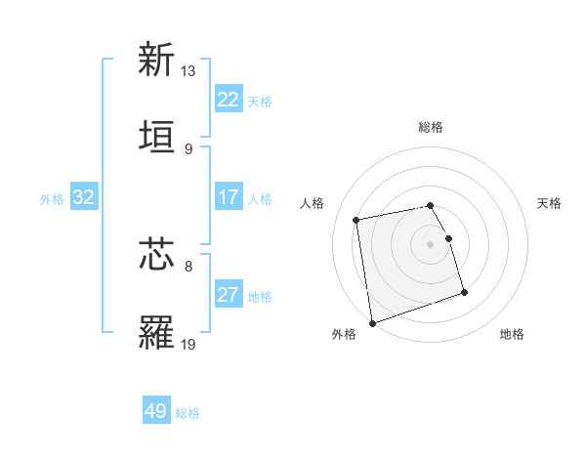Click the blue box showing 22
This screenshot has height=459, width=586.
[228, 100]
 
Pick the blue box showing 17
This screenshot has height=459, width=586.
[228, 197]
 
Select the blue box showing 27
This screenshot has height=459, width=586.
[228, 295]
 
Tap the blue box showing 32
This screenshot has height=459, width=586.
[84, 197]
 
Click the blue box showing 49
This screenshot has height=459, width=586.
[156, 411]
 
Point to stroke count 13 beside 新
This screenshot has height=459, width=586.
[188, 71]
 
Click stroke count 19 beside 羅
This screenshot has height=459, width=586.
[188, 344]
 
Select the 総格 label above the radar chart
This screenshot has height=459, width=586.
[430, 127]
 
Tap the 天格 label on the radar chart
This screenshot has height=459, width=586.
[550, 203]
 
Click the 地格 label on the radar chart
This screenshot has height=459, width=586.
[512, 334]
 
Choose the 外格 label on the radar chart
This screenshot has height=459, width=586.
[344, 334]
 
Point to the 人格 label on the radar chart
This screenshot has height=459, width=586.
[313, 203]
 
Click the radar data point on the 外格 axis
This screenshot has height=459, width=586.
[372, 322]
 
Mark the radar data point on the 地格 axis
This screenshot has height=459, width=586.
[464, 292]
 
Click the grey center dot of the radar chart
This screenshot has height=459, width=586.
[430, 244]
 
